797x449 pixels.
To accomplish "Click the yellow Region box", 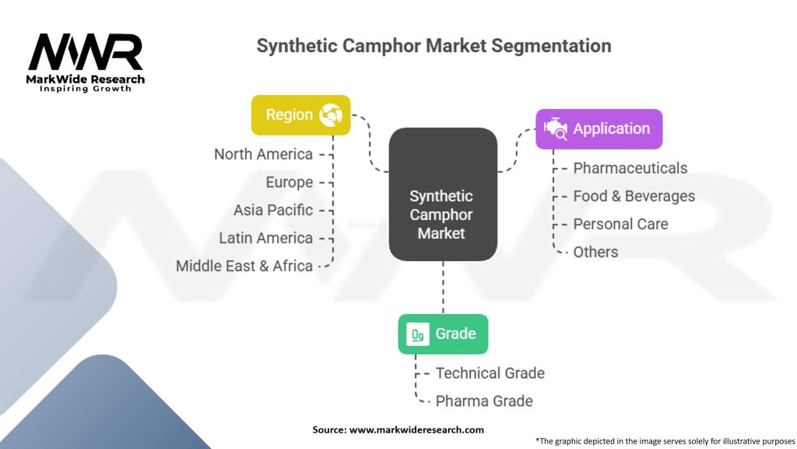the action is (x=301, y=115).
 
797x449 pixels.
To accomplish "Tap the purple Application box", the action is (x=599, y=129).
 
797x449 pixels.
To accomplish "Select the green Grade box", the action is (x=443, y=334).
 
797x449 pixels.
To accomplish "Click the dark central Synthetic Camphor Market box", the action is (x=443, y=194).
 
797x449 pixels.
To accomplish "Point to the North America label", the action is (x=263, y=154).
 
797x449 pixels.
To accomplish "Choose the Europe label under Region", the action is (x=290, y=182).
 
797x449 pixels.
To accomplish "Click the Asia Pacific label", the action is (x=273, y=210).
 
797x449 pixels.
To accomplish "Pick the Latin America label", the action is (x=266, y=239).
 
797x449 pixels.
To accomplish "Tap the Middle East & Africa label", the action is (x=244, y=267).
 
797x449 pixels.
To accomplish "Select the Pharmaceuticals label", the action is (x=630, y=168).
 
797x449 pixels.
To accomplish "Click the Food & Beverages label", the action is (x=634, y=196).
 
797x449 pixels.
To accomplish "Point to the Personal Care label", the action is (x=620, y=224).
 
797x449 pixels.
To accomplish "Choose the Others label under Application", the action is (x=595, y=252).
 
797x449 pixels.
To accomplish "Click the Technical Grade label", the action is (x=490, y=373).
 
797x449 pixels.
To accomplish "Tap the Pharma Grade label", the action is (x=484, y=401).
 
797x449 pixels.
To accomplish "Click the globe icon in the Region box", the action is (x=331, y=115).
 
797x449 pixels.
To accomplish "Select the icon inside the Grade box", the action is (x=418, y=334).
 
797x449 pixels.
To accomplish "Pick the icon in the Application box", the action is (x=556, y=129).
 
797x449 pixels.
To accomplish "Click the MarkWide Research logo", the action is (x=86, y=62).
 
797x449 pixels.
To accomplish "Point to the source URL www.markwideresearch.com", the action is (x=416, y=430).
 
